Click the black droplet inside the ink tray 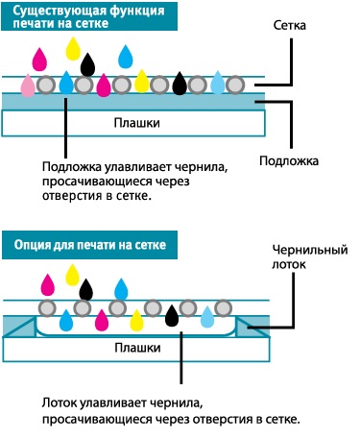172,314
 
